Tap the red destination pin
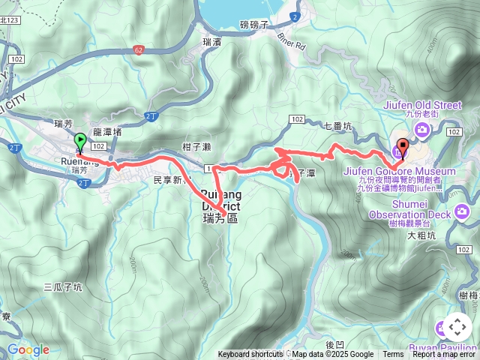[403, 148]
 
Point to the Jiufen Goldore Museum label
[399, 171]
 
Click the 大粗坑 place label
[421, 235]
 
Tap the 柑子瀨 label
[197, 147]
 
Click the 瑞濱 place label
[212, 43]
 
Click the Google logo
[28, 349]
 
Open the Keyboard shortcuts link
[250, 355]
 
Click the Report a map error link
[445, 355]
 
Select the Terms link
[393, 355]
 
